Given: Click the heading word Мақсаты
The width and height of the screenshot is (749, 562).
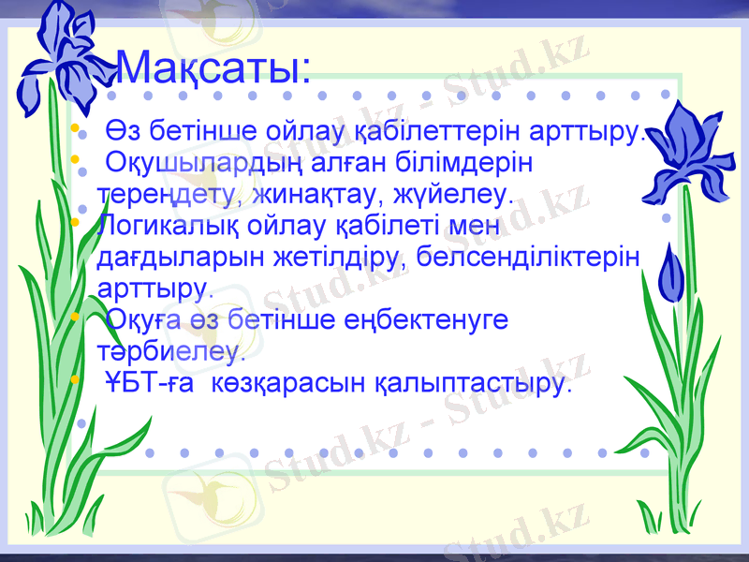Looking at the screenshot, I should click(x=213, y=67).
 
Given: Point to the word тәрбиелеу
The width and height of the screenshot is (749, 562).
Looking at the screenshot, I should click(x=171, y=352).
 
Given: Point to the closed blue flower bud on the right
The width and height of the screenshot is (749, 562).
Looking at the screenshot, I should click(x=671, y=275).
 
